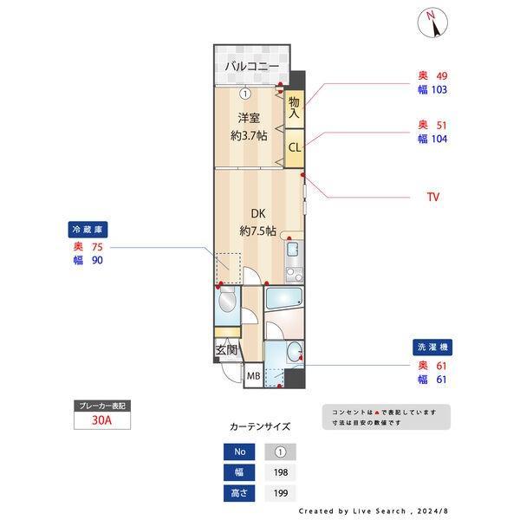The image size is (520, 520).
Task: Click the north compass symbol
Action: [432, 23]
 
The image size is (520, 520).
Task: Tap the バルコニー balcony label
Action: [252, 67]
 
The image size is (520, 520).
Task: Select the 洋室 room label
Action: [249, 118]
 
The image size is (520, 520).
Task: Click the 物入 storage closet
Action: [294, 109]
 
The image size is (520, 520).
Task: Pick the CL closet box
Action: [295, 148]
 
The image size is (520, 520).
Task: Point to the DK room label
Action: [258, 213]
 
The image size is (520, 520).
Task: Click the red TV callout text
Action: [433, 197]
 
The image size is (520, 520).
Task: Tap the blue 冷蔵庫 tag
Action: [88, 230]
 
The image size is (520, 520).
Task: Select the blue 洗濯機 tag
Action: [432, 348]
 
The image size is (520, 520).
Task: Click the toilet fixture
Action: [227, 300]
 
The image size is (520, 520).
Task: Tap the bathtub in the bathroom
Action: [284, 298]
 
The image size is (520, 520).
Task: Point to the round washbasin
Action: [294, 350]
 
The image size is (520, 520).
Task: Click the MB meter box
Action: [254, 376]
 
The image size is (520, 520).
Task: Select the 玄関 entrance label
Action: [227, 350]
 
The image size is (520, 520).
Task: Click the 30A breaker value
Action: [101, 420]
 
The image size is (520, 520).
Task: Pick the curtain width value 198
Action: [281, 472]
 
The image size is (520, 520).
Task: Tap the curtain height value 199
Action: [281, 493]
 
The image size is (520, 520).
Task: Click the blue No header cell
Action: [239, 452]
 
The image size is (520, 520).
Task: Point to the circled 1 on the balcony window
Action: [245, 94]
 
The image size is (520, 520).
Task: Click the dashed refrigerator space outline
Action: [228, 268]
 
